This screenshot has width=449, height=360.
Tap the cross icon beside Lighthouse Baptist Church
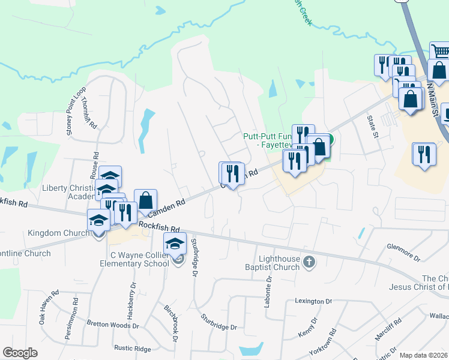309,261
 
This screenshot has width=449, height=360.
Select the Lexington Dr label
313,301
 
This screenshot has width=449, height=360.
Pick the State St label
373,125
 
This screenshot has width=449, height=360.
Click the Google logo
20,353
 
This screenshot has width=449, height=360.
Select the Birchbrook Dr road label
172,323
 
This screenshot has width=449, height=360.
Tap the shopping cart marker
439,50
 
